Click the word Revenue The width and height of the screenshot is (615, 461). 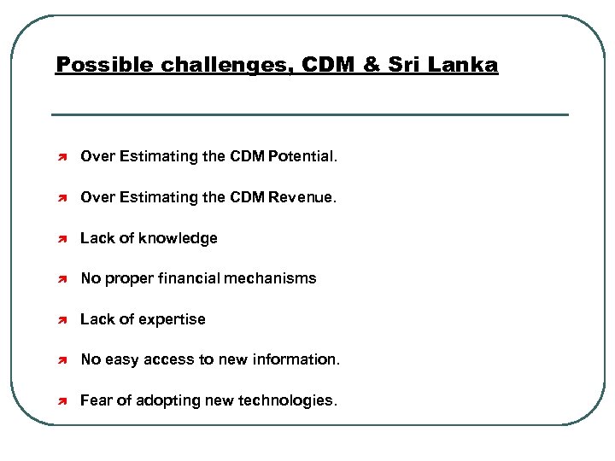point(303,197)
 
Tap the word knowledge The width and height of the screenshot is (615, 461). point(177,238)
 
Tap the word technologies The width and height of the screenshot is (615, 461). point(290,400)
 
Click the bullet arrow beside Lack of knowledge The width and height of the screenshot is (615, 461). point(62,239)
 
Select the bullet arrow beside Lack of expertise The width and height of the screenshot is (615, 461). point(62,320)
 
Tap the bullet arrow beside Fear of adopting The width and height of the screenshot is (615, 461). point(62,401)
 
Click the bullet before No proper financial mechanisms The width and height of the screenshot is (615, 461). point(62,279)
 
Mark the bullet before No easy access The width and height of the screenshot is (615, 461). point(62,360)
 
